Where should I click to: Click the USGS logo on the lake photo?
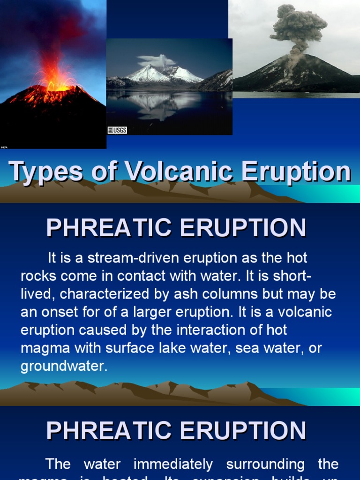(x=117, y=130)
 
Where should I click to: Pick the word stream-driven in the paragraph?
(x=124, y=258)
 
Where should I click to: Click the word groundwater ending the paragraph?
(x=63, y=366)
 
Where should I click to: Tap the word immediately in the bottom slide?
(x=173, y=464)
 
